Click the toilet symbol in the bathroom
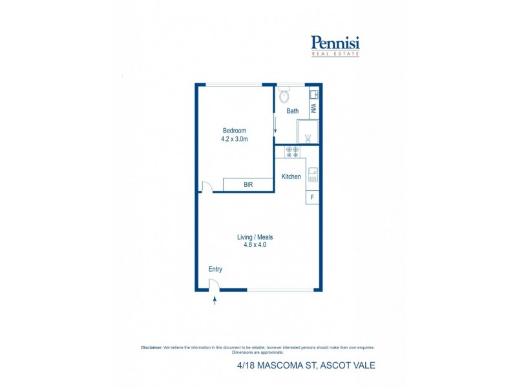coord(284,98)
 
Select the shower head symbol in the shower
coord(308,138)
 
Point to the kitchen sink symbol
coord(313,174)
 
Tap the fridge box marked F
coord(313,197)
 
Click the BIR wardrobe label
coord(248,185)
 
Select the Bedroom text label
coord(234,131)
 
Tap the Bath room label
coord(293,111)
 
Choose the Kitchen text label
coord(291,177)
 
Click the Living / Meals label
coord(255,237)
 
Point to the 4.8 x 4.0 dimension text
coord(255,246)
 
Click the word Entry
coord(215,269)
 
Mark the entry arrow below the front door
coord(215,300)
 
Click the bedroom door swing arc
coord(207,187)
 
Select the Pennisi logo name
coord(335,43)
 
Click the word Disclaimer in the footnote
coord(151,347)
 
